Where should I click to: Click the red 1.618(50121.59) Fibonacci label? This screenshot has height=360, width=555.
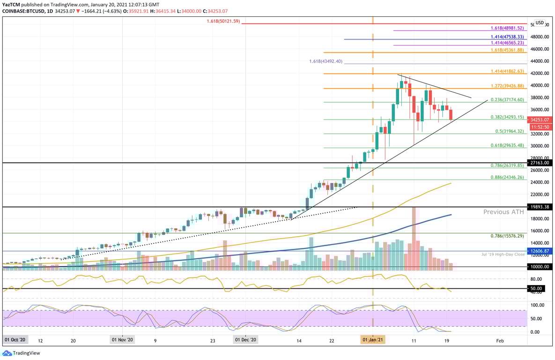coord(223,21)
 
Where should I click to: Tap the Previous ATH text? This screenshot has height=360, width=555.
coord(503,212)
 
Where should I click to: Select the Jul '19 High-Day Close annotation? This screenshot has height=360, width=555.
coord(503,254)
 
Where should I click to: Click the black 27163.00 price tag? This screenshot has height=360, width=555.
coord(540,163)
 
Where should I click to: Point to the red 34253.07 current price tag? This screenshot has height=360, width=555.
coord(540,120)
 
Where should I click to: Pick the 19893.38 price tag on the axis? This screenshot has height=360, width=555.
coord(540,207)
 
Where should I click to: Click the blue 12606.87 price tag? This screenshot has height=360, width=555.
coord(540,251)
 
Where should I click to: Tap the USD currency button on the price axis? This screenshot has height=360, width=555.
coord(540,22)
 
